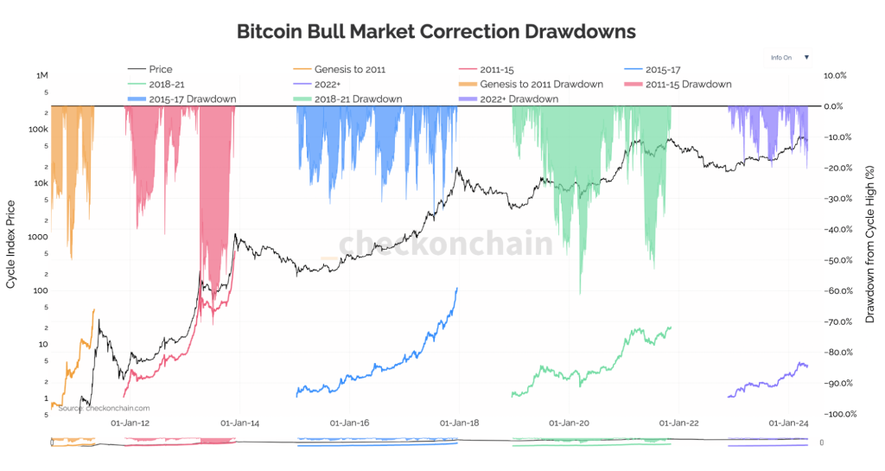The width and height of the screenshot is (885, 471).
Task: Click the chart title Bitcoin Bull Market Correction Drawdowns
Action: pos(436,31)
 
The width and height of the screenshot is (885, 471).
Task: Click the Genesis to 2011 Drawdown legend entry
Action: pos(541,84)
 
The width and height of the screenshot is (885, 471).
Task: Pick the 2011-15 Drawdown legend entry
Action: pos(688,84)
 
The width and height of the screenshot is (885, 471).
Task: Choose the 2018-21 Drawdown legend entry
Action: pos(358,99)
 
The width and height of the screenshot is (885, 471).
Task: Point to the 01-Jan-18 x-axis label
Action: pos(460,423)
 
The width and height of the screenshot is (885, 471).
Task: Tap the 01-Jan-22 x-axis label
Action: pos(678,423)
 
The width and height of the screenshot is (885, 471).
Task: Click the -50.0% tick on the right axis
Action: pos(837,260)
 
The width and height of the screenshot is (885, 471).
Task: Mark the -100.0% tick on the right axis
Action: pos(838,414)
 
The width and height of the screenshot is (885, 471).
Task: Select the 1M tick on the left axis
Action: pos(41,76)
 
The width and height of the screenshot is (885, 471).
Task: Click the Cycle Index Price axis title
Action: pos(11,245)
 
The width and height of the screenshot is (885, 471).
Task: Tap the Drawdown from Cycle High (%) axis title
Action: pos(870,245)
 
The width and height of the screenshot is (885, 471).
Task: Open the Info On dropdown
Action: pos(790,58)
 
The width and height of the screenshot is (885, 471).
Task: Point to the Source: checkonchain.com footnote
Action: pos(104,408)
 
